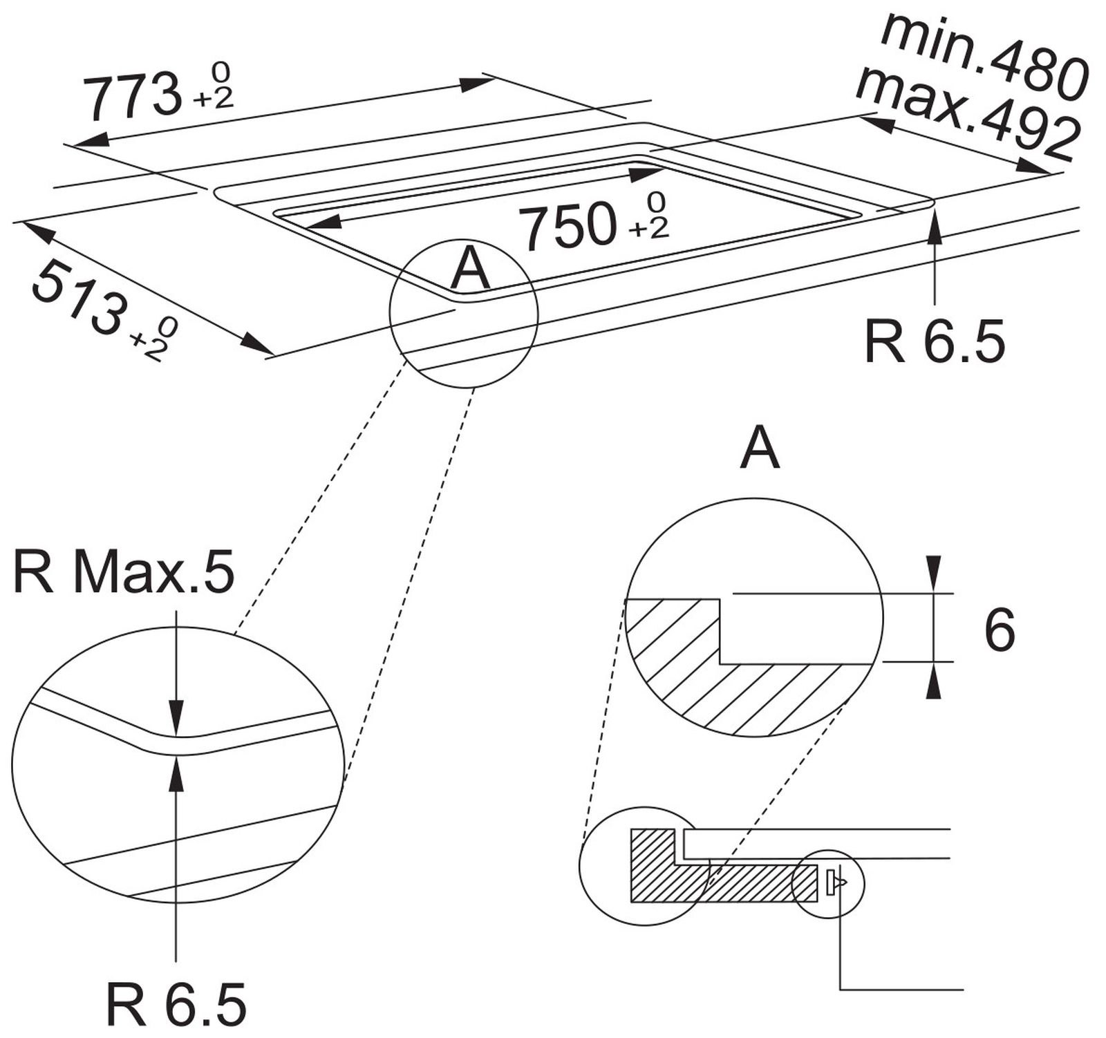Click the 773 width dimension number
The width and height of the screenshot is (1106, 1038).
[x=132, y=97]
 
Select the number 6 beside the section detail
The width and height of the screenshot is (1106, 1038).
[x=1000, y=630]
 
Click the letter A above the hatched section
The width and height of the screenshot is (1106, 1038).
[x=760, y=449]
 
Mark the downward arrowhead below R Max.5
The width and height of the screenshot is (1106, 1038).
[x=177, y=719]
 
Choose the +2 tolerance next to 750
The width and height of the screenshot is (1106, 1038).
[x=649, y=227]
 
